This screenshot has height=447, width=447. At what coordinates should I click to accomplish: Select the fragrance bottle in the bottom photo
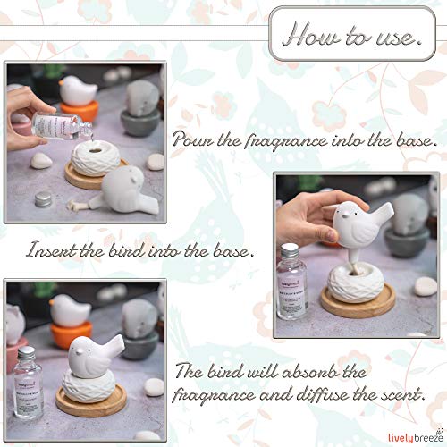point(29,375)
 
